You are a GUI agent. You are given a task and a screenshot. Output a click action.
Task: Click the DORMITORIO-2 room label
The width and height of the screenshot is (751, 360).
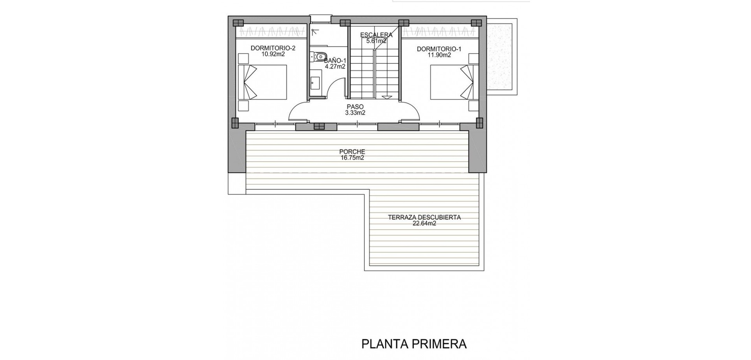click(273, 49)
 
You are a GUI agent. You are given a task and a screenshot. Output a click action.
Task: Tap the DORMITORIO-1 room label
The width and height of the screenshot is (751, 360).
click(439, 49)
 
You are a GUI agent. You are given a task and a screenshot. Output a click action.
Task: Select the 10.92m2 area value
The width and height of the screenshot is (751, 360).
click(273, 54)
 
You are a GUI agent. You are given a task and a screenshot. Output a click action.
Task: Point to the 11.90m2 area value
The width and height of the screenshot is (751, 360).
click(439, 55)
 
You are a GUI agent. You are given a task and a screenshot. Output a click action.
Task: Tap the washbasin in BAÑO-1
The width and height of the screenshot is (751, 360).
click(315, 83)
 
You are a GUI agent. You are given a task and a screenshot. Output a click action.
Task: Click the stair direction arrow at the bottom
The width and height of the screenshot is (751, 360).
click(386, 98)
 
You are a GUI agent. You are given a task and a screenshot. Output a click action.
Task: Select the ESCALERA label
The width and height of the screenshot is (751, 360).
click(376, 35)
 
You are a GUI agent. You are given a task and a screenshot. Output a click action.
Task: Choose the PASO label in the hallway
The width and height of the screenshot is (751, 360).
click(355, 107)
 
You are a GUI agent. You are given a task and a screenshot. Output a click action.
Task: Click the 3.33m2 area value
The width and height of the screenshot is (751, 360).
click(355, 113)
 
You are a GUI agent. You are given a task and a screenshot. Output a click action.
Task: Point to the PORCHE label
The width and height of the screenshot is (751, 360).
click(352, 152)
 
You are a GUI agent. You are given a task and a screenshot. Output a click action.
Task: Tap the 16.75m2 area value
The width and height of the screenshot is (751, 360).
click(352, 158)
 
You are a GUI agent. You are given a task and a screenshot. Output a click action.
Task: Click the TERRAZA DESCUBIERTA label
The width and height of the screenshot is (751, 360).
click(424, 218)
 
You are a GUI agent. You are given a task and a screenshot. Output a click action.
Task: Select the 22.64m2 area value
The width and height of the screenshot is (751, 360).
click(424, 223)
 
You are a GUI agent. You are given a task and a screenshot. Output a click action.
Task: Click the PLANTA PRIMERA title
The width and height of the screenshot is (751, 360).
click(414, 344)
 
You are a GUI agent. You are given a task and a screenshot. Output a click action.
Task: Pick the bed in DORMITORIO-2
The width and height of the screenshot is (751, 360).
click(262, 82)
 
